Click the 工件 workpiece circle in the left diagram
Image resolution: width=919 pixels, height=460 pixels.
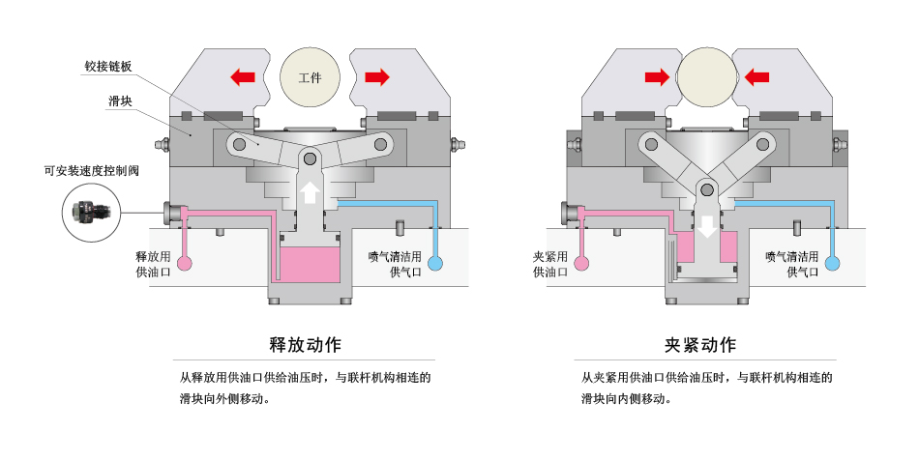point(310,77)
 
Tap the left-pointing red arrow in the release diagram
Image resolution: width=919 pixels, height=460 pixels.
point(243,76)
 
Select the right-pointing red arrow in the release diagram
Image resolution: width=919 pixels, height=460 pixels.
point(376,76)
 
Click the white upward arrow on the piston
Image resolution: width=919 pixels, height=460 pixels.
point(310,191)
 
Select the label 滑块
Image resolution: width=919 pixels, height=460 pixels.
point(121,101)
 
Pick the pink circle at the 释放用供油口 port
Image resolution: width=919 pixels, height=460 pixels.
point(185,262)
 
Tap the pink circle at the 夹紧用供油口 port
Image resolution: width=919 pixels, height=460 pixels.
point(582,262)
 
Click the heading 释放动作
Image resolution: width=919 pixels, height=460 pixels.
point(305,345)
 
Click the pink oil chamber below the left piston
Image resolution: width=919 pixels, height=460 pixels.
point(310,263)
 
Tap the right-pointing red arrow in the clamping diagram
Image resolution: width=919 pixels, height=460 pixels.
point(658,76)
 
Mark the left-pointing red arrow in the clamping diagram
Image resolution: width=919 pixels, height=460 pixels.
point(756,76)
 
